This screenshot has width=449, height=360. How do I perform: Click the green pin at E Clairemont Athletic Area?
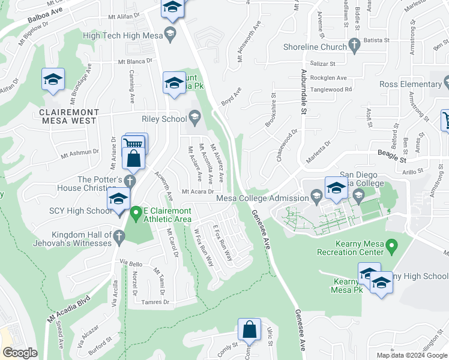[x=136, y=211]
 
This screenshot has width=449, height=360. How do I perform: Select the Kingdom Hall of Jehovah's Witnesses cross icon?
[x=119, y=237]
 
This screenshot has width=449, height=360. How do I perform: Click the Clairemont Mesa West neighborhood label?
[x=67, y=116]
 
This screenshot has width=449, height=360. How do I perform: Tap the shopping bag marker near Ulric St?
[x=249, y=330]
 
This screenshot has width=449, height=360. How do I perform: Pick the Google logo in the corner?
[x=20, y=352]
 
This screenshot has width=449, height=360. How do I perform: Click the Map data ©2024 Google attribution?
[x=412, y=355]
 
